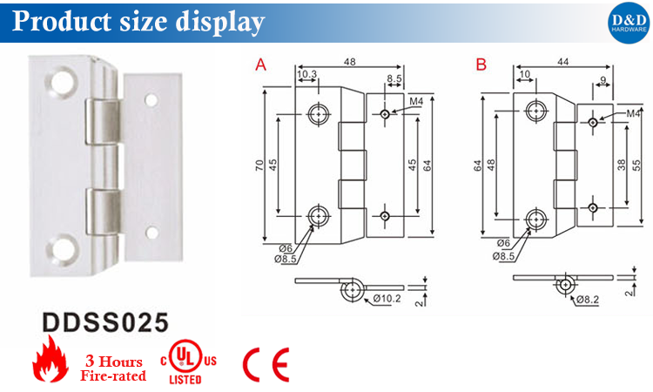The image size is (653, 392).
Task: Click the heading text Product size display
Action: pyautogui.click(x=138, y=21)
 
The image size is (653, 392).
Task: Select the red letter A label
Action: pyautogui.click(x=259, y=64)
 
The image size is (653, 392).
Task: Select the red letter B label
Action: pyautogui.click(x=481, y=64)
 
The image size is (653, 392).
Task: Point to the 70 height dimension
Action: pyautogui.click(x=259, y=166)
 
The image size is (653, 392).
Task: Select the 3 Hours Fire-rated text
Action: pyautogui.click(x=113, y=368)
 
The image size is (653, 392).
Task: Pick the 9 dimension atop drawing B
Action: pyautogui.click(x=602, y=83)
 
